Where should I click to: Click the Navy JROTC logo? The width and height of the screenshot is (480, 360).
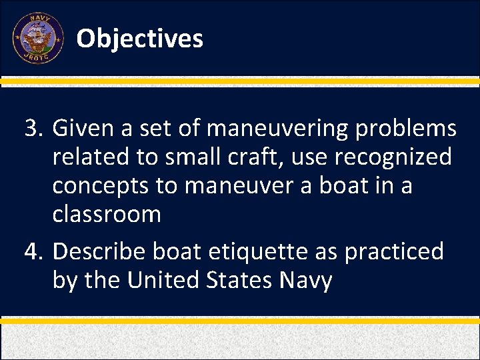[38, 38]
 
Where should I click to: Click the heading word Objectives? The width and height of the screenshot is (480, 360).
[139, 39]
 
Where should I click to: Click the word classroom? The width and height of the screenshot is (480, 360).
[107, 215]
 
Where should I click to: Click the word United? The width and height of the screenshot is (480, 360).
[158, 281]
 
